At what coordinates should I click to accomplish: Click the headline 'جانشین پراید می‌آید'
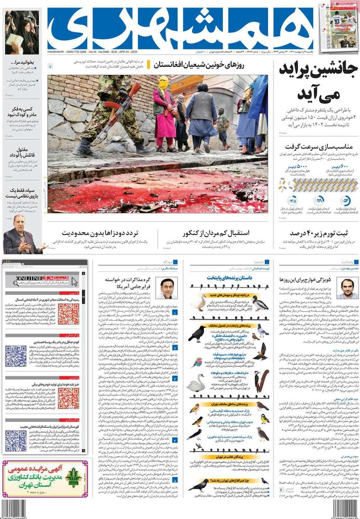tap(317, 82)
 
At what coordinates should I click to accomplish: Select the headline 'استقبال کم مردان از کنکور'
tap(216, 233)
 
